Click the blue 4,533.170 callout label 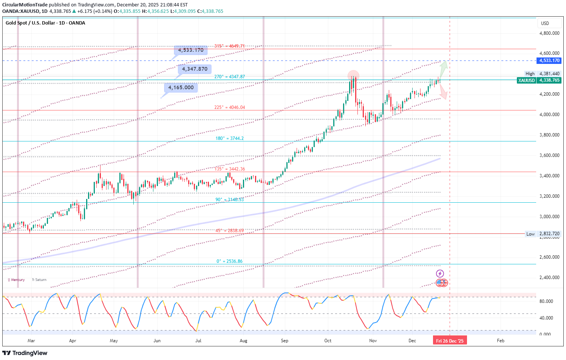point(191,50)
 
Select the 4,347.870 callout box point(195,69)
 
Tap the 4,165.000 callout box point(181,88)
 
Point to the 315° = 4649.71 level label point(229,46)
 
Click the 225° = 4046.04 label point(229,107)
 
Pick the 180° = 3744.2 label point(229,138)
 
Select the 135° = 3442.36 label point(229,169)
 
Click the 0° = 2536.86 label point(229,261)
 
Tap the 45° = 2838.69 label point(229,231)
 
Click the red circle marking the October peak point(353,74)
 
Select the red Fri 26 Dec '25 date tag point(450,341)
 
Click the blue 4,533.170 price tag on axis point(549,61)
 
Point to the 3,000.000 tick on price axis point(549,217)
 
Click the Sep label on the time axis point(285,341)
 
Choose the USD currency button point(545,23)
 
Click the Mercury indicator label point(17,280)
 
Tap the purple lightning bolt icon point(440,273)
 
